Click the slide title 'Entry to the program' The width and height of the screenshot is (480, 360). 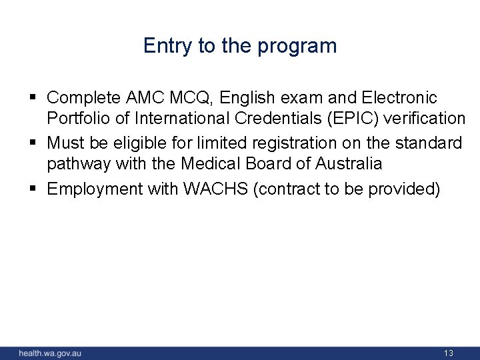coord(240,46)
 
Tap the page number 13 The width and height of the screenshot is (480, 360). coord(448,353)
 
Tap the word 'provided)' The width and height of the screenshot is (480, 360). coord(408,189)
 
